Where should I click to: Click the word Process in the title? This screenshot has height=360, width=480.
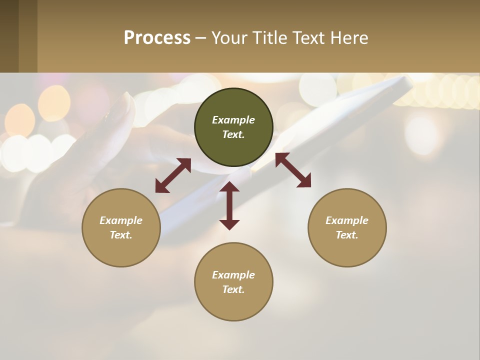[x=157, y=38]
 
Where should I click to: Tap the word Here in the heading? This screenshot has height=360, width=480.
[x=349, y=38]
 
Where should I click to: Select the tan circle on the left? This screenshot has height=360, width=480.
[x=121, y=250]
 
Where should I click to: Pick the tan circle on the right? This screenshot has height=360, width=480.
[x=347, y=250]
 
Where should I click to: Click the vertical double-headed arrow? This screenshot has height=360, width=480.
[x=229, y=205]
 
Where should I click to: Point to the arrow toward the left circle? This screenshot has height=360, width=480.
[x=173, y=175]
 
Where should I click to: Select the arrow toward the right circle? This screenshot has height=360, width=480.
[x=293, y=170]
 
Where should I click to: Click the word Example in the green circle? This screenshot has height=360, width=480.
[x=233, y=120]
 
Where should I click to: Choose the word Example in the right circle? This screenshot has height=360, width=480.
[x=347, y=220]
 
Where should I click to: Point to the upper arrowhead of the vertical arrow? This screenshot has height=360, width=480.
[x=229, y=187]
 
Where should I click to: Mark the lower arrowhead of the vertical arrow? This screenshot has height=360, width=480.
[x=229, y=224]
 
